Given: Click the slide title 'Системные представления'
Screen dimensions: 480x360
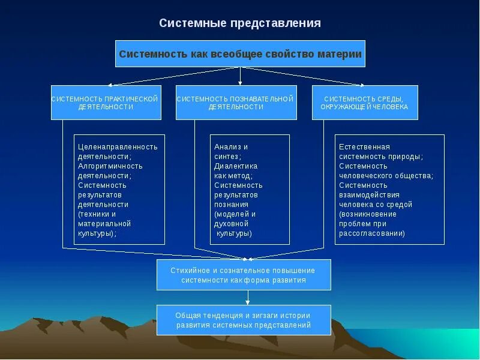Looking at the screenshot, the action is (x=240, y=23).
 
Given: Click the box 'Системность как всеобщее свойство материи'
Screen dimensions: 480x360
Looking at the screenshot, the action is (x=240, y=54).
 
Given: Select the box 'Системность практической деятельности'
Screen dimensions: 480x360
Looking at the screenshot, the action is (x=106, y=103).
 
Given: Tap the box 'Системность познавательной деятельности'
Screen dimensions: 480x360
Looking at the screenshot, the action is (x=236, y=103).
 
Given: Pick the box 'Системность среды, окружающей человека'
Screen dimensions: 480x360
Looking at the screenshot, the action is (x=365, y=103).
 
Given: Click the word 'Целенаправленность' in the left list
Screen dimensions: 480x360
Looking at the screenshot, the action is (x=118, y=146).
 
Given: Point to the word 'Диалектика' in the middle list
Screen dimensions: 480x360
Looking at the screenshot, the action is (x=236, y=166).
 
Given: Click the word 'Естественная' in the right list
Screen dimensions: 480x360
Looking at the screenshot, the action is (x=364, y=146).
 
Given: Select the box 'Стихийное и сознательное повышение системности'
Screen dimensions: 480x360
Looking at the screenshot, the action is (x=243, y=275).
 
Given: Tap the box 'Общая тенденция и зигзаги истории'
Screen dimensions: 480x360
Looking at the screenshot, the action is (x=243, y=320).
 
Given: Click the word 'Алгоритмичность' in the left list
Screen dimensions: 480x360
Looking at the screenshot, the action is (x=110, y=166).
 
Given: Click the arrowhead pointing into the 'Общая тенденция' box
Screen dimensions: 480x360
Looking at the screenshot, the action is (x=247, y=302).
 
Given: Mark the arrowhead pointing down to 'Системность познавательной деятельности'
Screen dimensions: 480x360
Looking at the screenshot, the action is (x=240, y=82).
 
